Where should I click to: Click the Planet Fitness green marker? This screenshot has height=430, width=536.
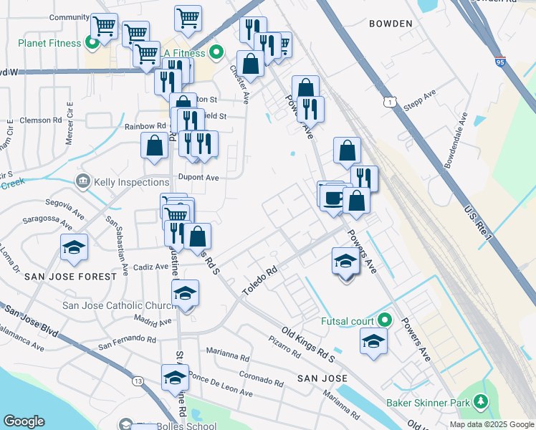pos(92,42)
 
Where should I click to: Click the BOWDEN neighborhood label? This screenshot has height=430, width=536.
pos(391,24)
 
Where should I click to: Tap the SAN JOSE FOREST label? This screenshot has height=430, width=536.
pos(70,277)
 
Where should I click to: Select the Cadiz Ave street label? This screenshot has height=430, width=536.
pos(151,267)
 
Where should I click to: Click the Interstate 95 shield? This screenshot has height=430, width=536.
pos(499,62)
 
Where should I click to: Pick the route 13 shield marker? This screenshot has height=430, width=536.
pos(137,381)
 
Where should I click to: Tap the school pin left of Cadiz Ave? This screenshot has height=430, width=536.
pos(74,247)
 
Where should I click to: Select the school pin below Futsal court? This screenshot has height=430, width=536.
pos(373,341)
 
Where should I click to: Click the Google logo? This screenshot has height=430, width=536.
pos(24,422)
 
